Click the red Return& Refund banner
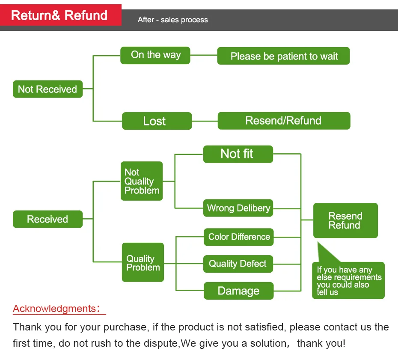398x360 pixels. point(61,15)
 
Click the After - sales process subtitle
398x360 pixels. point(172,20)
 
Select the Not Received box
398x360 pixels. point(48,89)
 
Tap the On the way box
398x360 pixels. point(155,55)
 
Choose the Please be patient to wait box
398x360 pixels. point(284,56)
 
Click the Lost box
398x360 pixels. point(157,121)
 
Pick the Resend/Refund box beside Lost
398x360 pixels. point(284,121)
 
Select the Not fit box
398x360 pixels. point(238,154)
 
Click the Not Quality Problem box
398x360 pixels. point(142,181)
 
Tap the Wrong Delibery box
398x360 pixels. point(238,208)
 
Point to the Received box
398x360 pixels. point(48,219)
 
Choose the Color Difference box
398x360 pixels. point(239,237)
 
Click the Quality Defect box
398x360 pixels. point(238,264)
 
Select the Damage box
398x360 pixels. point(239,291)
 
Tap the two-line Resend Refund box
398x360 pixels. point(345,220)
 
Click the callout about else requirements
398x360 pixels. point(348,280)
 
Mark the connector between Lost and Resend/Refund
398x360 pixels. point(205,121)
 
